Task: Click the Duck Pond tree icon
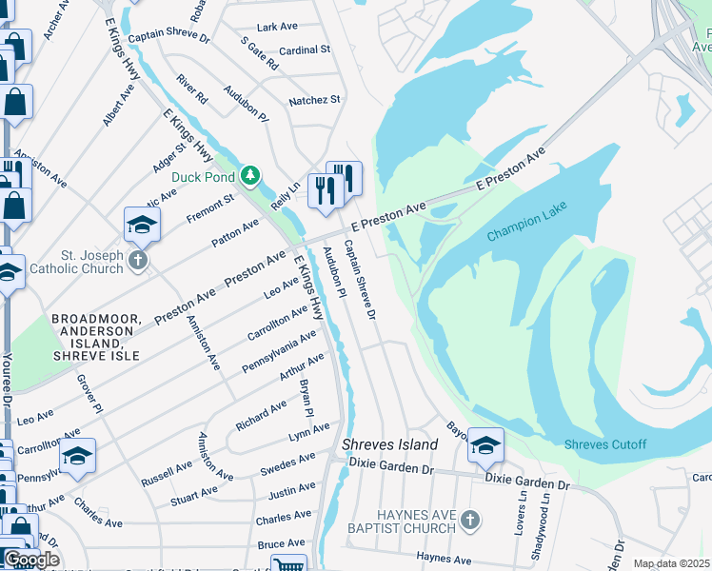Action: [x=249, y=175]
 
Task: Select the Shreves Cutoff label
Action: [x=604, y=444]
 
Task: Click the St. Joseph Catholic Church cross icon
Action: [x=139, y=261]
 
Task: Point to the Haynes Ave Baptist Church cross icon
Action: [x=469, y=520]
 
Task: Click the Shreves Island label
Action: [x=390, y=444]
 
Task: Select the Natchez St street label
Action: [x=314, y=99]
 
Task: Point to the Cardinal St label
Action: [x=305, y=49]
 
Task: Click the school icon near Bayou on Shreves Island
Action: [x=485, y=444]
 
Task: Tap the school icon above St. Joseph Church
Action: [x=142, y=224]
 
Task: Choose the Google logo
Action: [x=31, y=561]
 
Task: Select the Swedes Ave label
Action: [x=288, y=464]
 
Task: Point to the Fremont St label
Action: [x=209, y=208]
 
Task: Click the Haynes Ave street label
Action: [x=445, y=560]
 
